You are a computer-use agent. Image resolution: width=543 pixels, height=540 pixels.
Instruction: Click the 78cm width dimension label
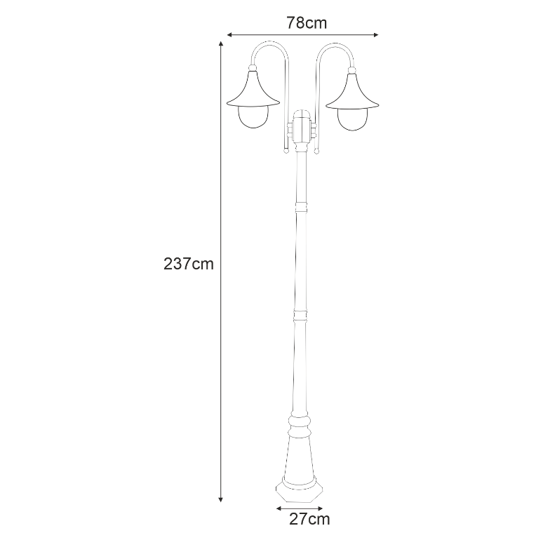click(307, 22)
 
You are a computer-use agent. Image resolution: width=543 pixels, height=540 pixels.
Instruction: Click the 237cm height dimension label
click(188, 264)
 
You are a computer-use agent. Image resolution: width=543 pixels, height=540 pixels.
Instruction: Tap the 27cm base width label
click(309, 519)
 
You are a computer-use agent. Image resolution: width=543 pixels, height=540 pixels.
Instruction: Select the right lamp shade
click(353, 91)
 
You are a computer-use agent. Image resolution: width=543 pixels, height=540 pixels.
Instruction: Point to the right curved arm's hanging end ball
click(317, 150)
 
